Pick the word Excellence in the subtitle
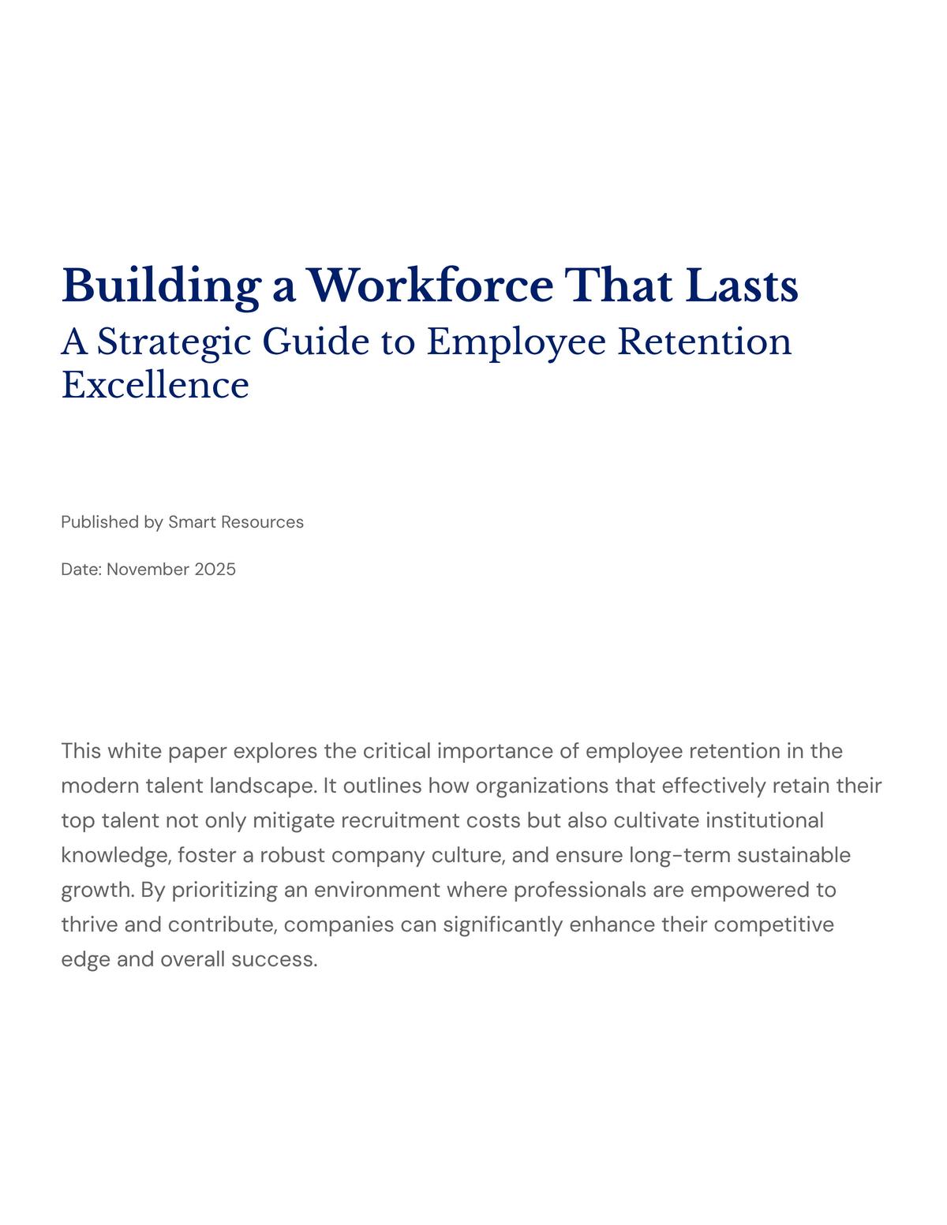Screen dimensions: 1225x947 pyautogui.click(x=155, y=386)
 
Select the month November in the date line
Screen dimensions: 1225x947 pyautogui.click(x=148, y=570)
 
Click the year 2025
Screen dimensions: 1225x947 pyautogui.click(x=215, y=570)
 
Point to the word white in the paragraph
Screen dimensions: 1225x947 pyautogui.click(x=133, y=751)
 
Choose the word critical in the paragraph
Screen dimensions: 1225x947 pyautogui.click(x=397, y=751)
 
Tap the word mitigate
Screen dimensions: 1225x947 pyautogui.click(x=294, y=821)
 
